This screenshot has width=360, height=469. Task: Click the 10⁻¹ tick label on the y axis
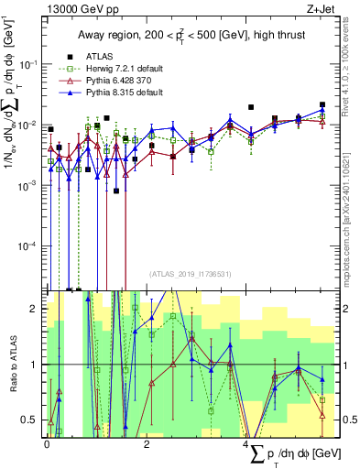point(30,63)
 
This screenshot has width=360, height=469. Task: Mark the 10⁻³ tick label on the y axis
point(30,185)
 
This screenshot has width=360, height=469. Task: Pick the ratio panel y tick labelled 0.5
point(33,420)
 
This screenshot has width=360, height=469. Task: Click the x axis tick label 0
point(47,442)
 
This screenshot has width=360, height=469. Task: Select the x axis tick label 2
point(147,442)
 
